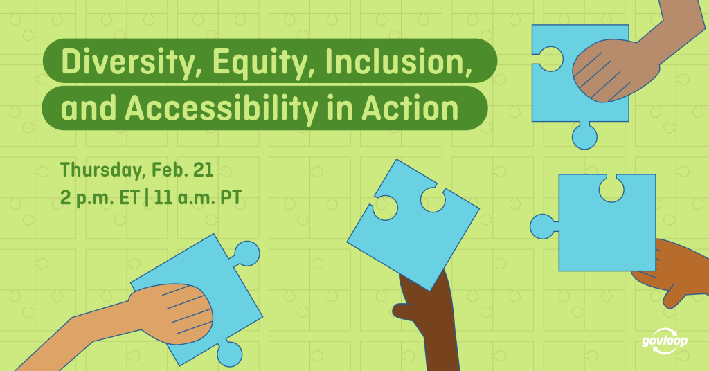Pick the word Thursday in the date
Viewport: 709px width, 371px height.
pos(103,170)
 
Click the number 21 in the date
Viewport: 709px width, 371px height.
pos(203,170)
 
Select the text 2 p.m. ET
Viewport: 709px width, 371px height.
pos(100,197)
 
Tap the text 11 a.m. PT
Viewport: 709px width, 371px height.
pos(198,197)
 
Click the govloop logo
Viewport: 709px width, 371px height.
pos(664,341)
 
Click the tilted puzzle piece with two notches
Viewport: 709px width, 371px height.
pos(413,224)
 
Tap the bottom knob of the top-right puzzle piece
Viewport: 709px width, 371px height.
pos(584,136)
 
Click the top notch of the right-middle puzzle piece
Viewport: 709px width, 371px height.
pos(611,188)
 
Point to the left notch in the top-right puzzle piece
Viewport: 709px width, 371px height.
pos(549,60)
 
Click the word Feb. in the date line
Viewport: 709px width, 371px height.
pos(170,170)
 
